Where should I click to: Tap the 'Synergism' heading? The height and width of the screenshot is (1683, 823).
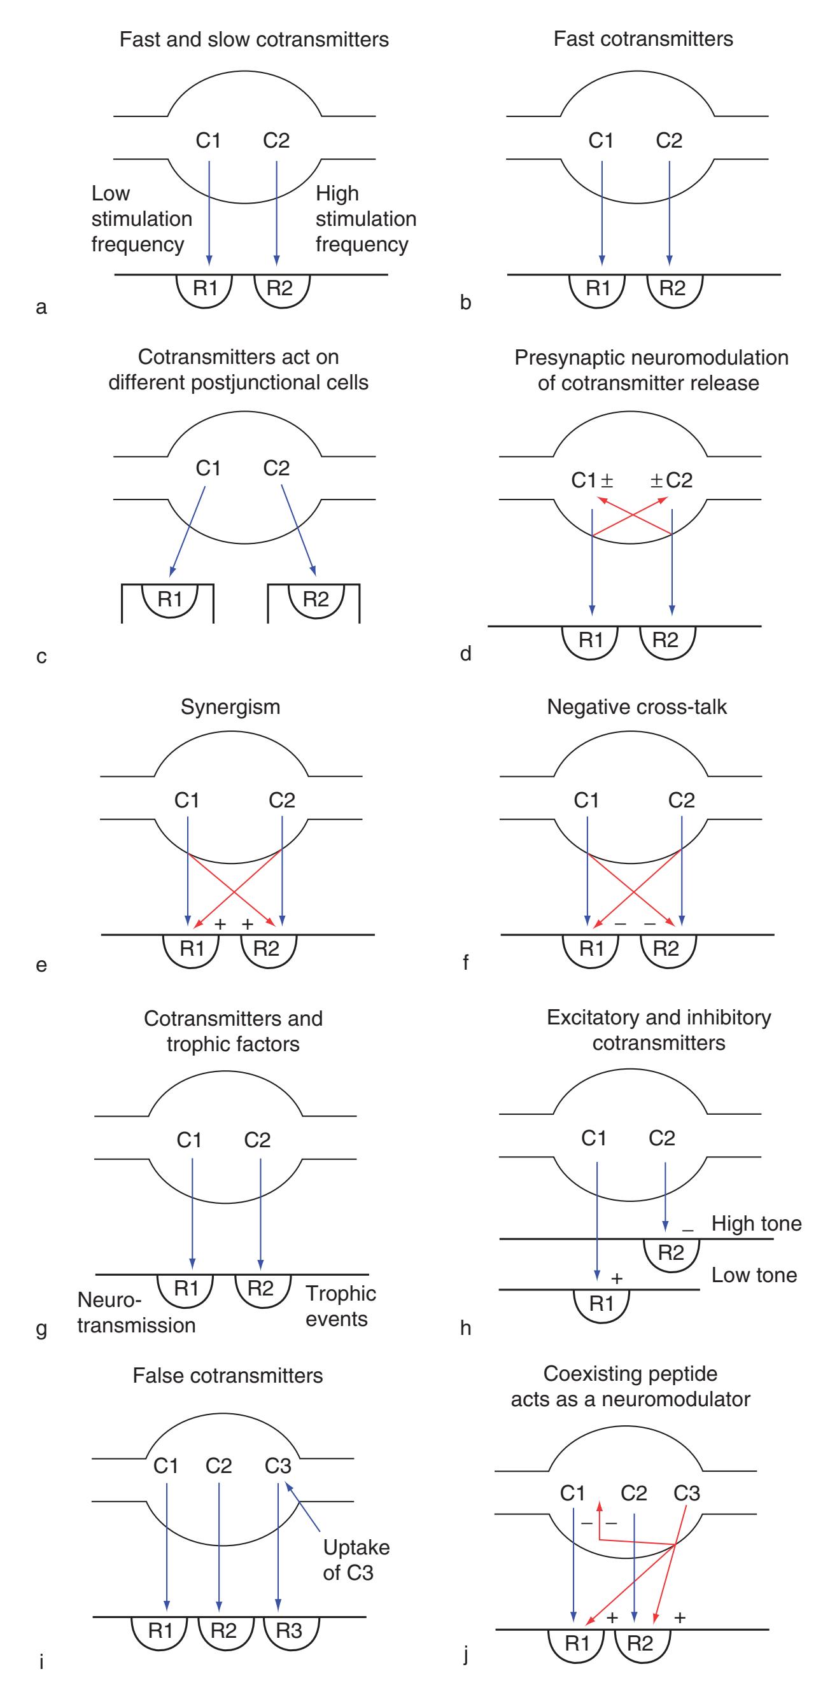pyautogui.click(x=230, y=707)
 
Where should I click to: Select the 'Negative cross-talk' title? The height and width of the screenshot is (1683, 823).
pyautogui.click(x=637, y=707)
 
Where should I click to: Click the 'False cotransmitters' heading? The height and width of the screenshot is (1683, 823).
pyautogui.click(x=227, y=1375)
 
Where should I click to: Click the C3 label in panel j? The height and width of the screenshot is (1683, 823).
pyautogui.click(x=686, y=1493)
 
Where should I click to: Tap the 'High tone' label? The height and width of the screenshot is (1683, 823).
pyautogui.click(x=756, y=1223)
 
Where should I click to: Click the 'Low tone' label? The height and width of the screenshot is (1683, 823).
pyautogui.click(x=754, y=1274)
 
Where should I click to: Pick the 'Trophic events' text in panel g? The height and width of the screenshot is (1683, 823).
pyautogui.click(x=340, y=1306)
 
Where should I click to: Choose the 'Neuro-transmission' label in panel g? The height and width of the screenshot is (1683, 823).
pyautogui.click(x=136, y=1313)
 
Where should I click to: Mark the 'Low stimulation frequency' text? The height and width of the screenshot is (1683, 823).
pyautogui.click(x=141, y=218)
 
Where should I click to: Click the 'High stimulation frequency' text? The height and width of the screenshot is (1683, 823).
pyautogui.click(x=365, y=218)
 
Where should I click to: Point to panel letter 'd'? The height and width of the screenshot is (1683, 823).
pyautogui.click(x=465, y=654)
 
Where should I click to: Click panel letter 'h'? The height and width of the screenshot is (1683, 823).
pyautogui.click(x=465, y=1328)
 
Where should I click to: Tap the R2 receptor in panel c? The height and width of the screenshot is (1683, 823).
pyautogui.click(x=316, y=599)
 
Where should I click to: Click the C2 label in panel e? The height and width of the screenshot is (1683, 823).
pyautogui.click(x=282, y=800)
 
